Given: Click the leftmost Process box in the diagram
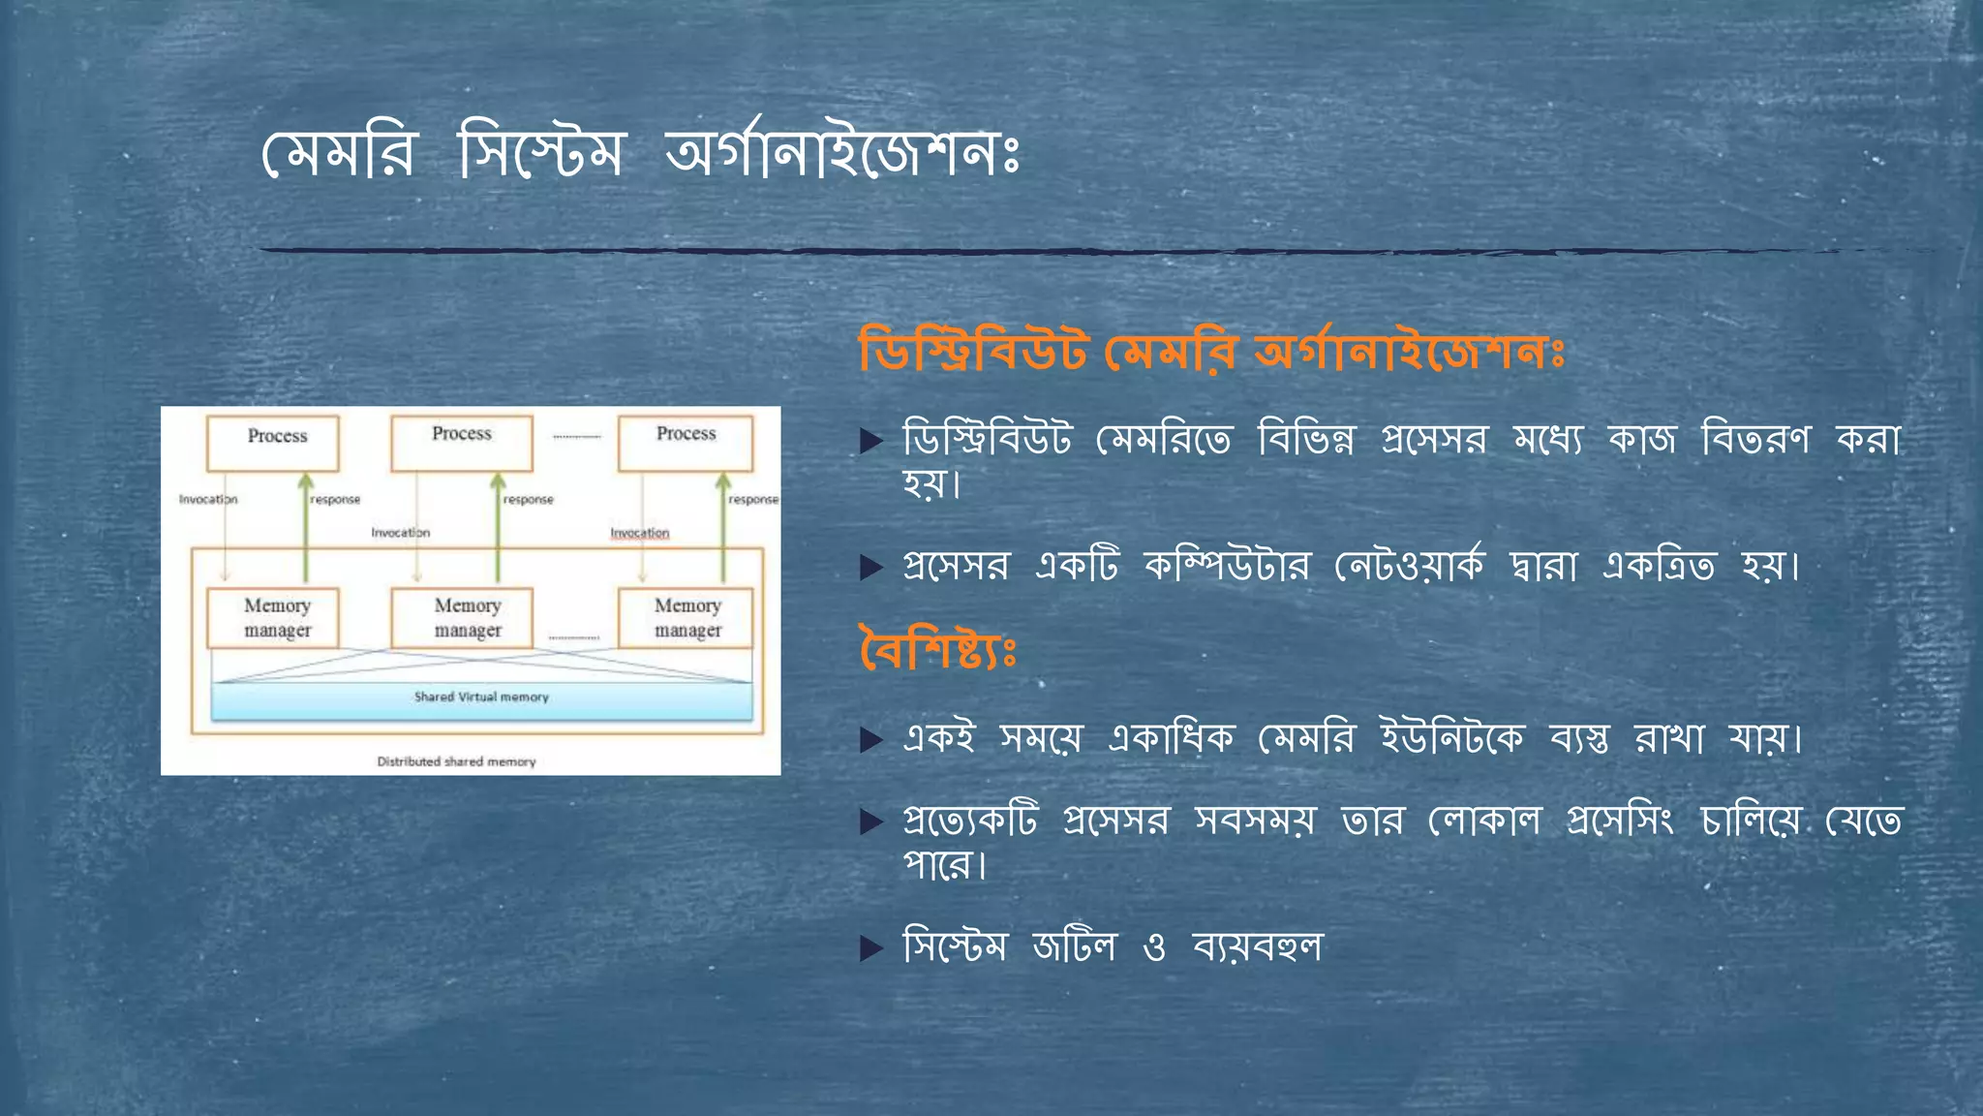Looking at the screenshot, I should click(x=273, y=443).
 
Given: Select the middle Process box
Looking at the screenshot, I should click(x=461, y=442).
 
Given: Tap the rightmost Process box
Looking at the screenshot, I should click(x=686, y=442).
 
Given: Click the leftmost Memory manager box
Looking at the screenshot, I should click(x=273, y=617).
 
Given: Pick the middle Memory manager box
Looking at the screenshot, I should click(x=462, y=617).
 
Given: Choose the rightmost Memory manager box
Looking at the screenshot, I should click(x=686, y=617).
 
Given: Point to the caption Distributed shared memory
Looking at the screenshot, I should click(x=456, y=761).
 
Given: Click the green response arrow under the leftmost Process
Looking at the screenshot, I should click(x=306, y=528).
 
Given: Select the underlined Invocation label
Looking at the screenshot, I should click(x=639, y=533).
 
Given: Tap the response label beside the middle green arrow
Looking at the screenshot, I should click(x=529, y=500).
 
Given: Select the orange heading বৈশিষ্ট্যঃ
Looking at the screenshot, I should click(x=937, y=649).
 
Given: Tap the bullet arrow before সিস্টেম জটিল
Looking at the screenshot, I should click(x=871, y=947).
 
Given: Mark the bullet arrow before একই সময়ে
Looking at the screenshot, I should click(x=871, y=741).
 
